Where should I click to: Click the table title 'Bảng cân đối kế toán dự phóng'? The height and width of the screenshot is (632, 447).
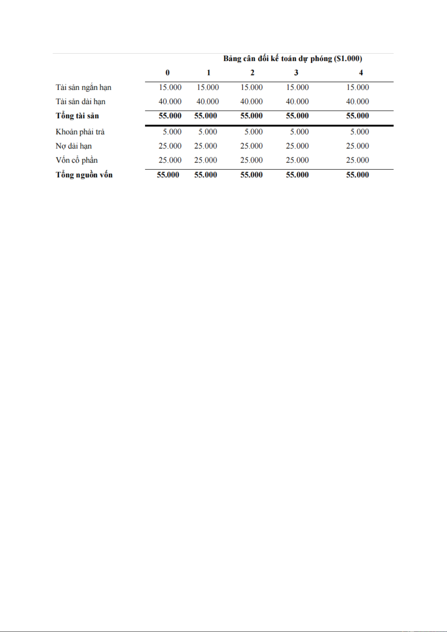tap(292, 59)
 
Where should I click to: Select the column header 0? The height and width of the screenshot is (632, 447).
tap(168, 73)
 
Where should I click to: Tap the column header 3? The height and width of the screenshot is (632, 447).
tap(296, 73)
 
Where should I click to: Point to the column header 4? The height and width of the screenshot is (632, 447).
tap(361, 73)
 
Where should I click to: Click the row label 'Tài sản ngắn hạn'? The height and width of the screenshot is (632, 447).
tap(83, 87)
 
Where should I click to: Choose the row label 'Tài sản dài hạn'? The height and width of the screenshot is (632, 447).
tap(80, 102)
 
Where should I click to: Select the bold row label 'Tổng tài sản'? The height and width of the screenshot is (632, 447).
tap(77, 116)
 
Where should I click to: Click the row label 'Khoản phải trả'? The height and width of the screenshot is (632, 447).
tap(80, 132)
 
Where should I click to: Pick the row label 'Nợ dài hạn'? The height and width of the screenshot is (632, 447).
tap(73, 146)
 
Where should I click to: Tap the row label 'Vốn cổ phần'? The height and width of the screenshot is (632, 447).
tap(76, 161)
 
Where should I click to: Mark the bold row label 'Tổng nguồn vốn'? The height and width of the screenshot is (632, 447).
tap(84, 175)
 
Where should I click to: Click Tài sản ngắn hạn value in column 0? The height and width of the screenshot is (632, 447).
tap(170, 87)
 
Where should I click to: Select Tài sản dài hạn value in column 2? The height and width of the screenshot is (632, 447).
tap(251, 102)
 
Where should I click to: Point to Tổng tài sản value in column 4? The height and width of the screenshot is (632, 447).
tap(357, 116)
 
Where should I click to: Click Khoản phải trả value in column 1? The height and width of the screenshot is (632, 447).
tap(208, 132)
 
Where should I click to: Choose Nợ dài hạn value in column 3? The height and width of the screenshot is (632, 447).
tap(297, 146)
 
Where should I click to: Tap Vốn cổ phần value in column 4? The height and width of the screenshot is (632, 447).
tap(357, 161)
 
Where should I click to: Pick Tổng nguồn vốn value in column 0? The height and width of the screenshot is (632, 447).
tap(168, 175)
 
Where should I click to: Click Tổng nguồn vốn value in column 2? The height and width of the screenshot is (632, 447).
tap(251, 175)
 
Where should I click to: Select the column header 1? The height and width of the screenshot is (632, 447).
tap(208, 73)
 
